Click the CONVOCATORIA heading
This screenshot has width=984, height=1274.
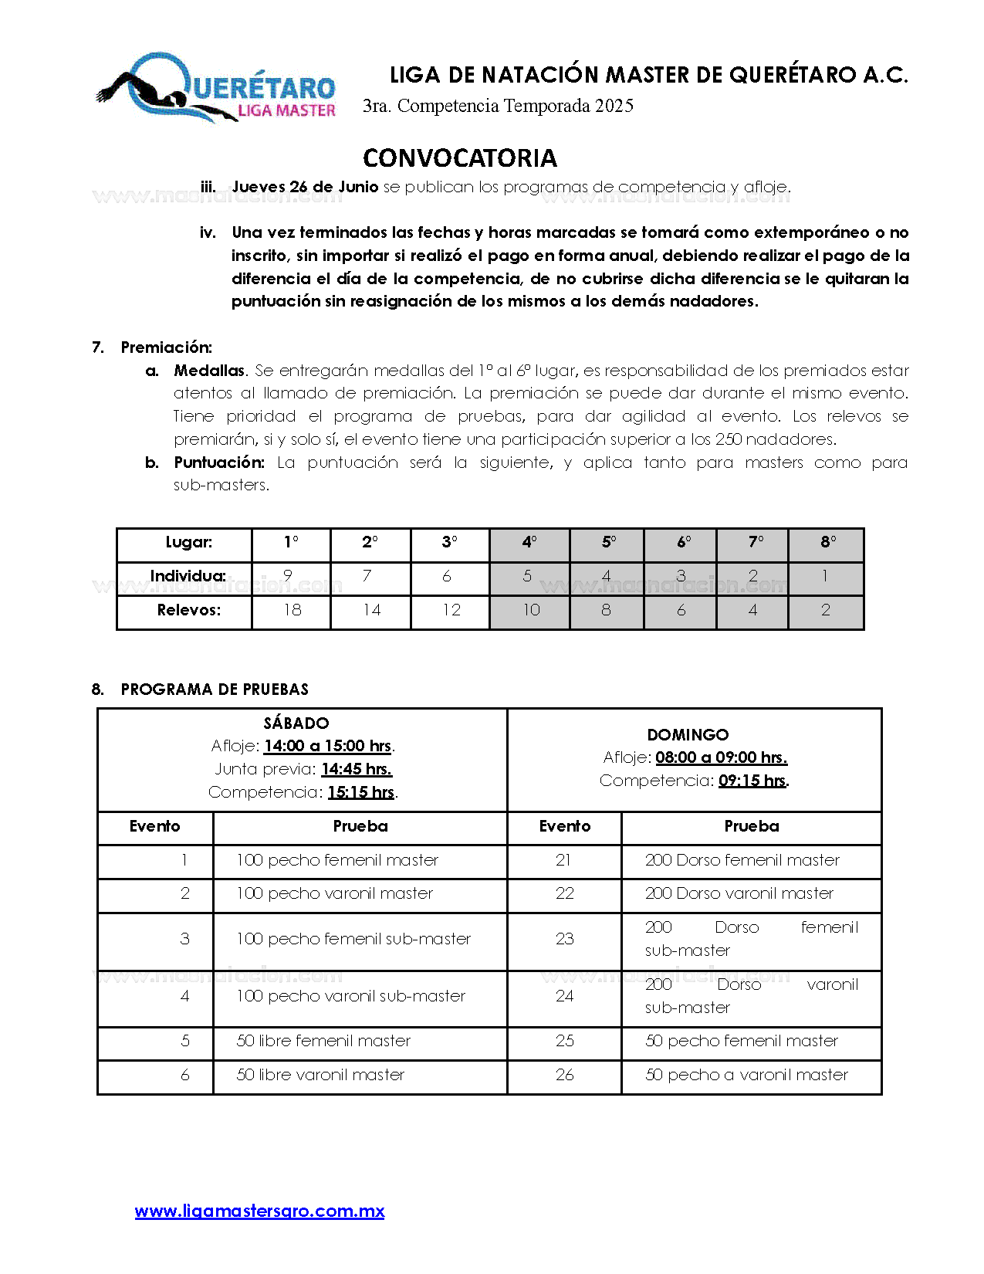click(459, 158)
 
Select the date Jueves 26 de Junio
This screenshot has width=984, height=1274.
click(305, 187)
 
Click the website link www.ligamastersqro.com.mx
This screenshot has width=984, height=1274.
click(259, 1211)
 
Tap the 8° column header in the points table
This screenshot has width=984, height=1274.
click(827, 543)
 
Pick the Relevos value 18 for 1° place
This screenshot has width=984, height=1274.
click(292, 610)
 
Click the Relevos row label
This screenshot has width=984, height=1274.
click(188, 610)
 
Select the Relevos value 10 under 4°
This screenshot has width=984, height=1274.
click(531, 610)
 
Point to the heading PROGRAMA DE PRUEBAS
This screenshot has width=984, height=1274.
click(215, 690)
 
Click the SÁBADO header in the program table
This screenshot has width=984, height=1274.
click(296, 723)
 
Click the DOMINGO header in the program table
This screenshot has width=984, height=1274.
click(688, 735)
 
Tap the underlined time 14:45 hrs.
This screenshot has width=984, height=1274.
click(357, 769)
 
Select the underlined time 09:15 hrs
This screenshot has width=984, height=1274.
click(752, 781)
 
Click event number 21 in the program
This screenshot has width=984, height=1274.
click(564, 860)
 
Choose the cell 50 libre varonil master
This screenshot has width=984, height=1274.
click(320, 1075)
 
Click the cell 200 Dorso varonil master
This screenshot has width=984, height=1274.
click(739, 893)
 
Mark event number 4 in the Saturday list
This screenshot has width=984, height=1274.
click(184, 996)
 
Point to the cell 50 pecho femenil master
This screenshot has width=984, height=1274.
click(741, 1041)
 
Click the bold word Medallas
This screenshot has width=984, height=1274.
click(209, 371)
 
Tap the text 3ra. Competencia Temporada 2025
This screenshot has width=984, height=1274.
click(499, 106)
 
